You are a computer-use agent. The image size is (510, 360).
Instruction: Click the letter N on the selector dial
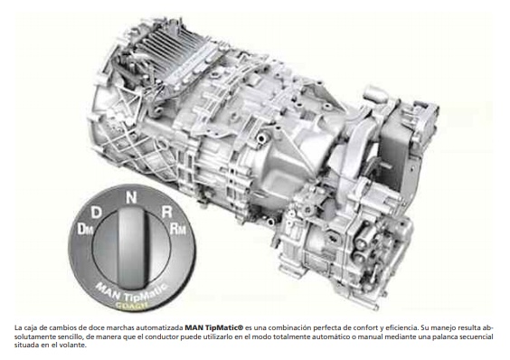131,197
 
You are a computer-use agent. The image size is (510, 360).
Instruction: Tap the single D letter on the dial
96,213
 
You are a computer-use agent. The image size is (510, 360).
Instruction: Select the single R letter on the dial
167,212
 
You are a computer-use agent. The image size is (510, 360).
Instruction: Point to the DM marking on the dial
85,229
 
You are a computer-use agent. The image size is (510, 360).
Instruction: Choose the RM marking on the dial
178,229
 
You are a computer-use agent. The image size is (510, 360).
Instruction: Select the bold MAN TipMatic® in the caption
214,327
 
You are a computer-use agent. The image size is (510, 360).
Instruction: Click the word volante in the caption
77,345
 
